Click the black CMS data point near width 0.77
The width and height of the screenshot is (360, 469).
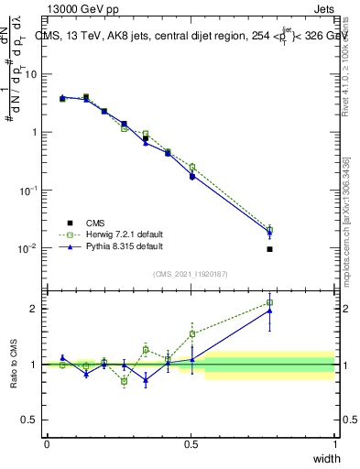[x=269, y=249]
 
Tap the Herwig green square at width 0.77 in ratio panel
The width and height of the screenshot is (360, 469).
[x=269, y=302]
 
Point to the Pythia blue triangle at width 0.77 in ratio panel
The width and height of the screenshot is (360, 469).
[x=269, y=311]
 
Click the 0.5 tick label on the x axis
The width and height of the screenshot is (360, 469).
[x=191, y=443]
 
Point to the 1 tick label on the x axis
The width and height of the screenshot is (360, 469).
[x=335, y=443]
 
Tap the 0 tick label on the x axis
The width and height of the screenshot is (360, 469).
[x=47, y=443]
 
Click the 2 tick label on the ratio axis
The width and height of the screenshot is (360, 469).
[x=34, y=309]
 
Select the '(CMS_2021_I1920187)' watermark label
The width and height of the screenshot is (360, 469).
[x=191, y=274]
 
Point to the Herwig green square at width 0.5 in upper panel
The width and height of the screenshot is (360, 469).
[x=191, y=167]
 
